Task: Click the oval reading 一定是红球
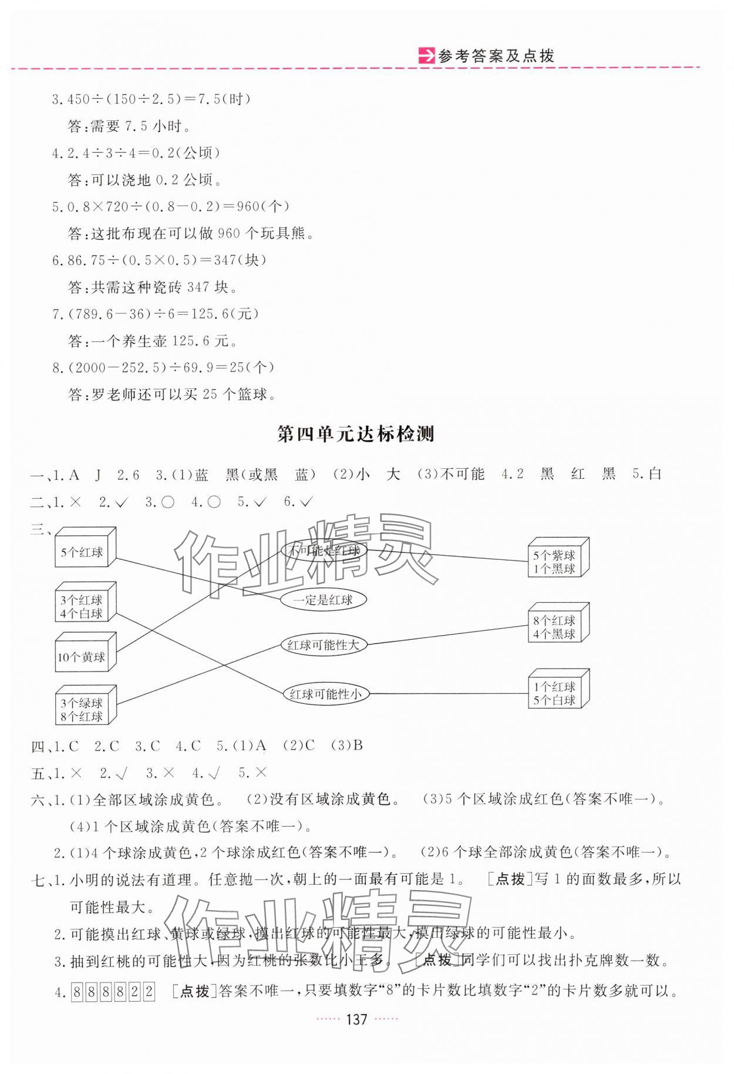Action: [x=323, y=600]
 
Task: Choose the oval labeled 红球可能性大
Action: [x=323, y=645]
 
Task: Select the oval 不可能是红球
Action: [x=324, y=551]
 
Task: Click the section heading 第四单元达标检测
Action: [x=355, y=434]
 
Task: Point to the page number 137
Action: [x=357, y=1019]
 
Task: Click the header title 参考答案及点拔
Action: [x=496, y=56]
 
